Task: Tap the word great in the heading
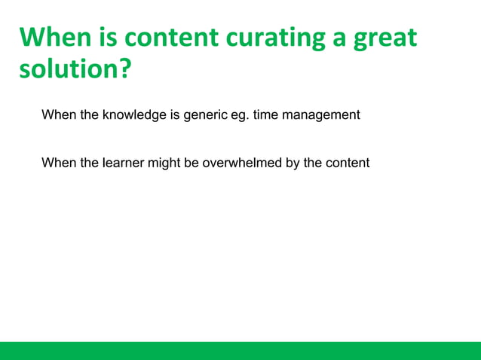tap(382, 38)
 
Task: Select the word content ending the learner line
tap(347, 162)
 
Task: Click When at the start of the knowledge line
tap(57, 115)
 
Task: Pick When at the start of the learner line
tap(57, 162)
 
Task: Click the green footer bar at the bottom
tap(240, 350)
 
